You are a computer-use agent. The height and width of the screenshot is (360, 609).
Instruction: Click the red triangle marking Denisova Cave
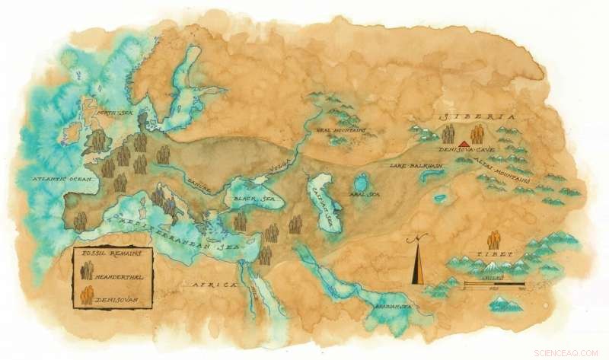pos(464,142)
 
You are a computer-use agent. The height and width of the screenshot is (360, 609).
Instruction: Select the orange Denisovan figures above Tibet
pos(494,239)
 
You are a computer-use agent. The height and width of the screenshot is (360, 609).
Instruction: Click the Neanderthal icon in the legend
pos(88,269)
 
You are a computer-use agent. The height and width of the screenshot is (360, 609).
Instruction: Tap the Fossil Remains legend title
pos(108,253)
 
